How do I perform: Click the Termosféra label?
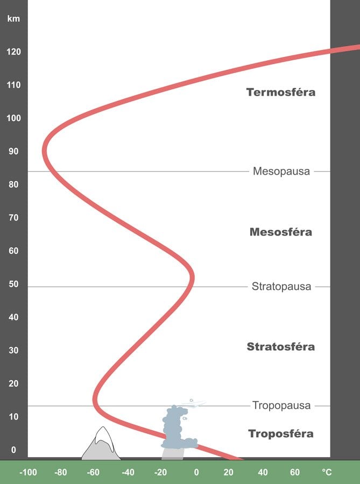point(280,92)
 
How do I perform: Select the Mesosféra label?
point(280,232)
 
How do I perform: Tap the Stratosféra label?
point(280,346)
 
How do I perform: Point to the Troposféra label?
point(280,433)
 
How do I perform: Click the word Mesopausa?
point(281,172)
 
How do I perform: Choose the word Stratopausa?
point(281,287)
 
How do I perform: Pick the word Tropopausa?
point(281,405)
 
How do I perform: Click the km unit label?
point(13,19)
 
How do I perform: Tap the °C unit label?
point(327,472)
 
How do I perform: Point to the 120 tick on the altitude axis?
point(13,52)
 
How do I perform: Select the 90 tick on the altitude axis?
point(13,152)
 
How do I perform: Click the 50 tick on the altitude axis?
point(13,284)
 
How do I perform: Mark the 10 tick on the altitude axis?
point(13,417)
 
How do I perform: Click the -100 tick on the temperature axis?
point(27,472)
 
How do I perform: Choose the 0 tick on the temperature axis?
point(196,472)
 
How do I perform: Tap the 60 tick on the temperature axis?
point(295,472)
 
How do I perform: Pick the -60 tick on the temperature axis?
point(94,472)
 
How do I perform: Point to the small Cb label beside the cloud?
point(185,418)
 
